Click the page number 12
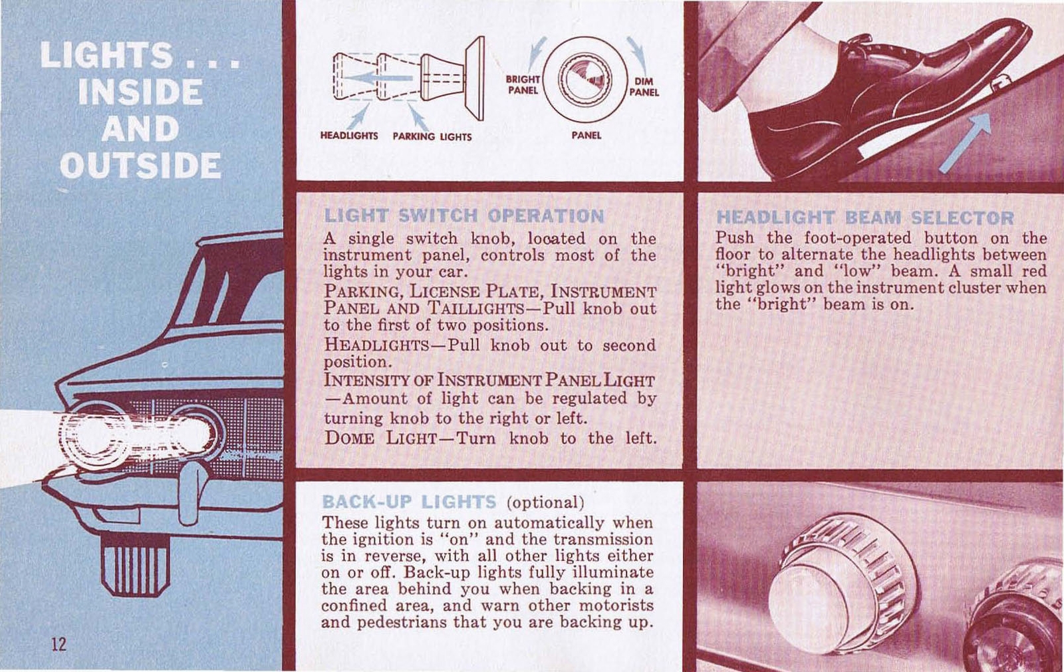tap(59, 643)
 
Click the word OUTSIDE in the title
tap(140, 166)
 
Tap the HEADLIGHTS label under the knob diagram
tap(348, 136)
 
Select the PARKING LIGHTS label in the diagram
tap(432, 136)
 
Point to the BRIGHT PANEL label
tap(523, 84)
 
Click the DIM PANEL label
tap(644, 87)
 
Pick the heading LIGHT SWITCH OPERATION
tap(464, 216)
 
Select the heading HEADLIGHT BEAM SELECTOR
tap(864, 218)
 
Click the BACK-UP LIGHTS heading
tap(408, 502)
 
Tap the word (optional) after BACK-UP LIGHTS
tap(545, 502)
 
